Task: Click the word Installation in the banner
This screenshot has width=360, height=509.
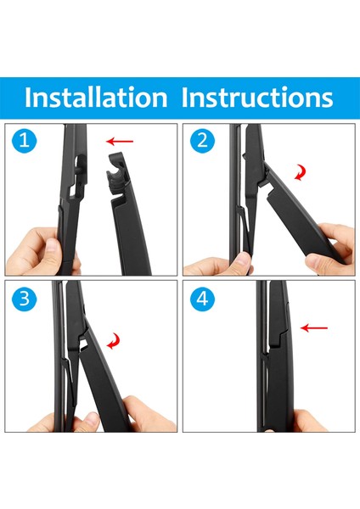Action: point(96,97)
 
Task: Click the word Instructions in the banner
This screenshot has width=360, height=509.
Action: point(257,97)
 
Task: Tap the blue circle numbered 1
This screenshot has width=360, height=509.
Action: point(25,141)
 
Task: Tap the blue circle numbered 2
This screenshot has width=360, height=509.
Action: point(202,141)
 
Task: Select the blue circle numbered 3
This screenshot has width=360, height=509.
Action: point(25,299)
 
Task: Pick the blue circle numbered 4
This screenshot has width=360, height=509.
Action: point(202,299)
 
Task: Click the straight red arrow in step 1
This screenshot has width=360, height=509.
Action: point(120,141)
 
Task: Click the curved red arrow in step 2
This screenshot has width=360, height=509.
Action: point(301,172)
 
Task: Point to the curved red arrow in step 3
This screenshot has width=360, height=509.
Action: point(114,341)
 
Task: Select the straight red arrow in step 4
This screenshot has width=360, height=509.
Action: point(314,327)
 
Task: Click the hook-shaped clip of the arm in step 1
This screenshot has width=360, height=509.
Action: point(117,172)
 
